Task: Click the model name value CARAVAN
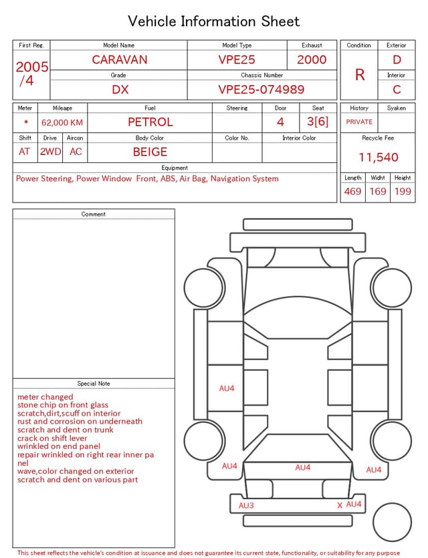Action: point(120,59)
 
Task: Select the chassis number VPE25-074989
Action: point(261,90)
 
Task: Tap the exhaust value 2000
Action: point(312,59)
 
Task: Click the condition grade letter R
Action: point(360,75)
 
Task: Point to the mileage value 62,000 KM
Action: point(62,123)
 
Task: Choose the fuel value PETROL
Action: point(150,122)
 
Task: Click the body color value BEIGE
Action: point(150,152)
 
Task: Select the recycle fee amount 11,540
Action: point(378,157)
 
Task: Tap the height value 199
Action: point(403,191)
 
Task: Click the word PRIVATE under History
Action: point(359,122)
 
